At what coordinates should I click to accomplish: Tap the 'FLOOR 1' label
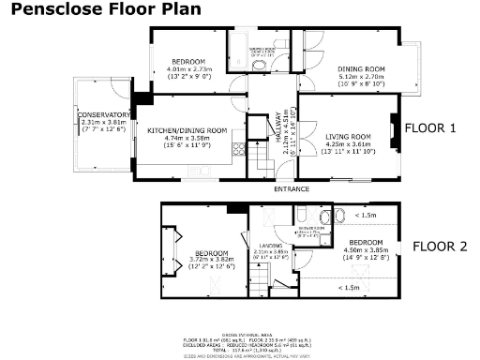click(428, 128)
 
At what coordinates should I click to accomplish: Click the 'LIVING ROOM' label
click(348, 137)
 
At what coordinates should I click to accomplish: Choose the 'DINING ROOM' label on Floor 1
click(361, 68)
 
